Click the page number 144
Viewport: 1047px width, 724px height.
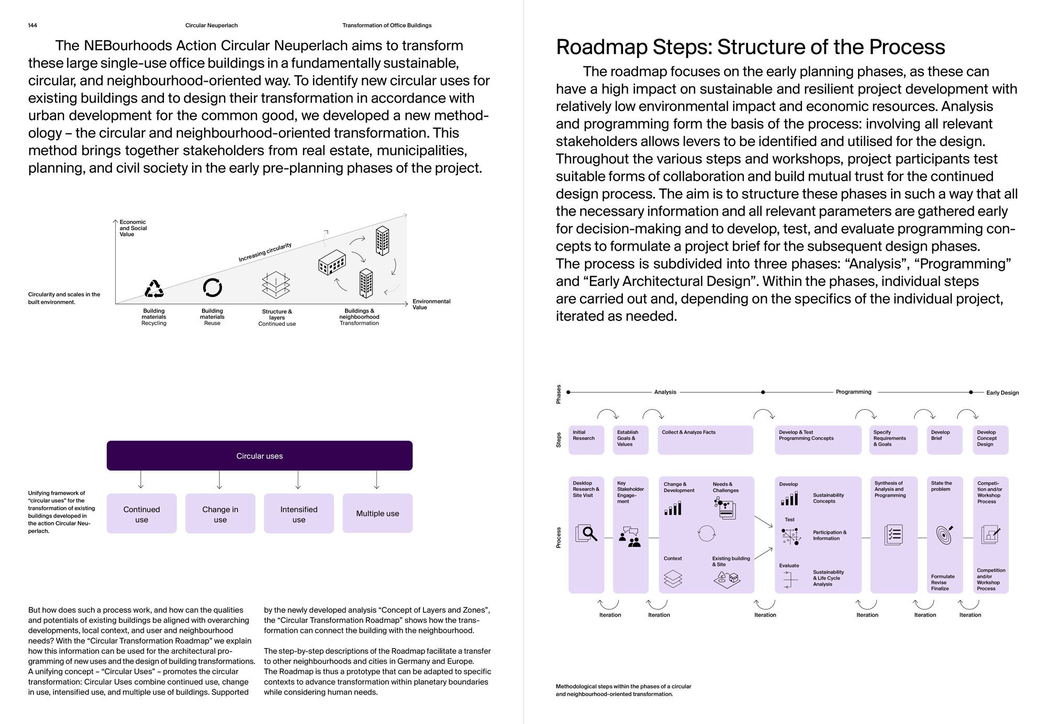pyautogui.click(x=32, y=25)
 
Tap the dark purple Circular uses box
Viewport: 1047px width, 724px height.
pyautogui.click(x=259, y=455)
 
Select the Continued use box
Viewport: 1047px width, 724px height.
pyautogui.click(x=141, y=514)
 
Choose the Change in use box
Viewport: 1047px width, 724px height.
pyautogui.click(x=220, y=514)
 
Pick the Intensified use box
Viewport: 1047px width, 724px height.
pyautogui.click(x=298, y=514)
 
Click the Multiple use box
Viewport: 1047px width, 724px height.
pyautogui.click(x=377, y=514)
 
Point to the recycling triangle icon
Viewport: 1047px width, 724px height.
pyautogui.click(x=154, y=288)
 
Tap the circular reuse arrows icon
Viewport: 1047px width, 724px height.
pyautogui.click(x=212, y=287)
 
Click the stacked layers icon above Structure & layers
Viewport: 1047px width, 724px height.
pyautogui.click(x=276, y=285)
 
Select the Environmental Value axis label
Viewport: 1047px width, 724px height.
pyautogui.click(x=431, y=304)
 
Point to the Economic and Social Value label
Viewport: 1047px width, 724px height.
pyautogui.click(x=133, y=228)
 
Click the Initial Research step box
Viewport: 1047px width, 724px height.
pyautogui.click(x=586, y=440)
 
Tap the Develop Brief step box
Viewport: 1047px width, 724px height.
pyautogui.click(x=944, y=440)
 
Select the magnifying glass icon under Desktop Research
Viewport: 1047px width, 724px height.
pyautogui.click(x=586, y=533)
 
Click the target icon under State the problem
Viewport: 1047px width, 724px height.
pyautogui.click(x=944, y=534)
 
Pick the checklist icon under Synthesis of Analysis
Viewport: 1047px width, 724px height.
pyautogui.click(x=893, y=534)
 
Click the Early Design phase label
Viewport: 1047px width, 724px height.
pyautogui.click(x=1002, y=393)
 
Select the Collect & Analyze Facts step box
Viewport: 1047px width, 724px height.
pyautogui.click(x=705, y=440)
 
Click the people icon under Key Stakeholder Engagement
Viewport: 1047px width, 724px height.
pyautogui.click(x=630, y=537)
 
